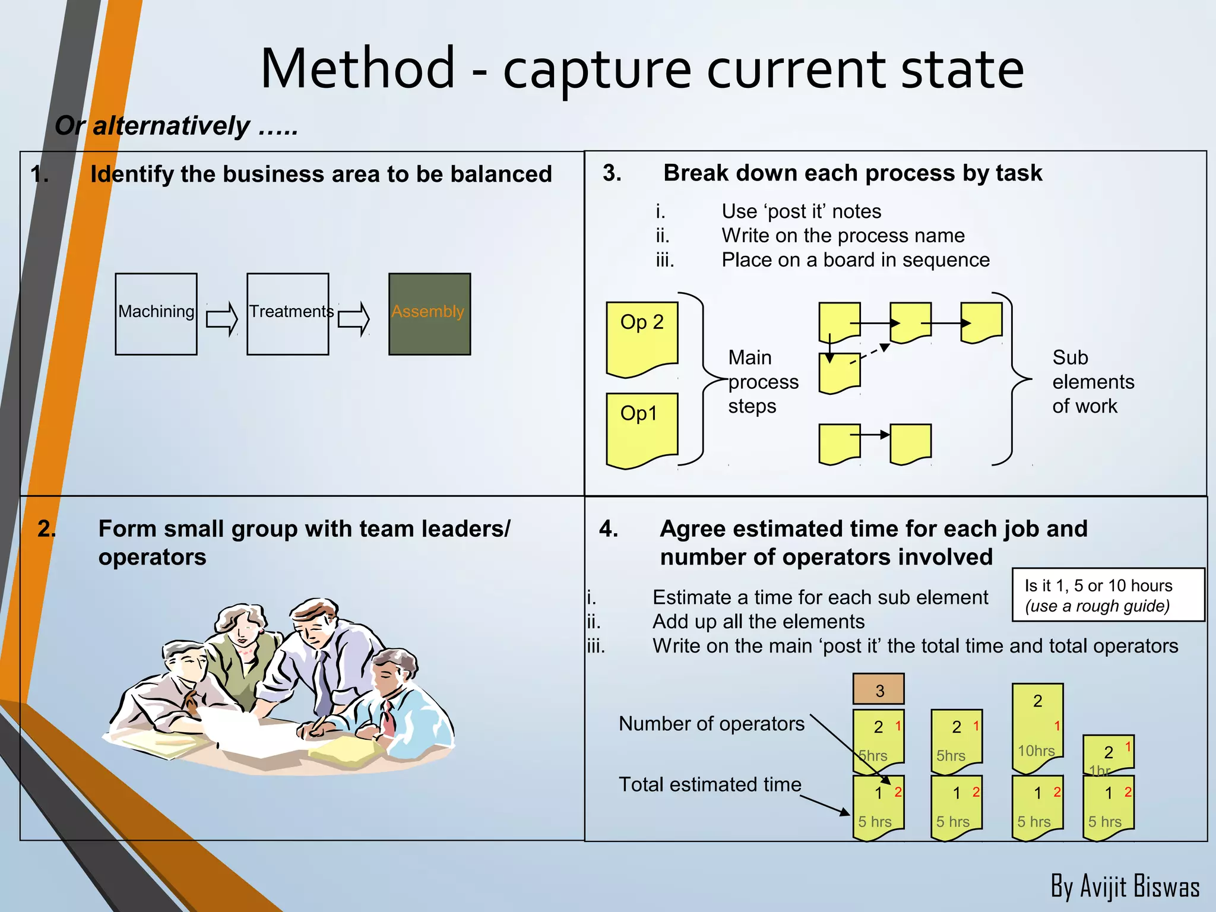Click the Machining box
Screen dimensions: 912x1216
[x=156, y=314]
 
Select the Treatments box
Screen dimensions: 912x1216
[x=288, y=314]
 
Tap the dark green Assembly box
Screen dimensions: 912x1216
[x=429, y=314]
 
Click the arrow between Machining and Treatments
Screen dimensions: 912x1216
[x=221, y=319]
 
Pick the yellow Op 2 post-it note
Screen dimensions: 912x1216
[x=642, y=338]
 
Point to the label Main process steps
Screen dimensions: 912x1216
[x=762, y=382]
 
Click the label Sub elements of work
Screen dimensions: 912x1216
[x=1092, y=382]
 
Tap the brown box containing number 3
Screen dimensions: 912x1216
[x=878, y=689]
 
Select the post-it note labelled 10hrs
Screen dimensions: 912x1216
[x=1037, y=727]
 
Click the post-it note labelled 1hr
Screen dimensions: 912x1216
[x=1108, y=754]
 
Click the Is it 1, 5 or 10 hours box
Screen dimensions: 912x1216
[x=1107, y=595]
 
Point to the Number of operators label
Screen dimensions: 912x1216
[x=711, y=724]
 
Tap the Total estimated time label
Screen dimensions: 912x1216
[x=710, y=784]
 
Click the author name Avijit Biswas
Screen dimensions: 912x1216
[x=1125, y=886]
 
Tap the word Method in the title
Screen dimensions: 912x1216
[x=358, y=69]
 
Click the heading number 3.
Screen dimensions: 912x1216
[x=612, y=173]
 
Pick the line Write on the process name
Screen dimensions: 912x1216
[x=843, y=236]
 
